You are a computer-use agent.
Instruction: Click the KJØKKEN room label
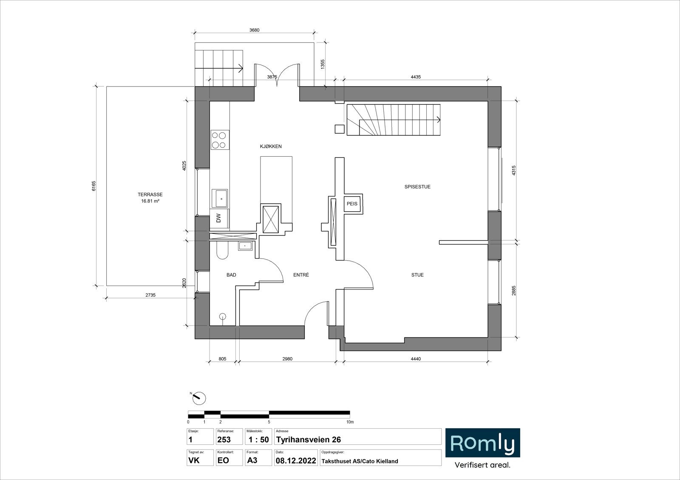271,146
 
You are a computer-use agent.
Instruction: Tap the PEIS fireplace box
352,204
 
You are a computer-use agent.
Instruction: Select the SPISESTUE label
417,187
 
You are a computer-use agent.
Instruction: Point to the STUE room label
417,275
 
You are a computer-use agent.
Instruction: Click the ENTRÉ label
301,275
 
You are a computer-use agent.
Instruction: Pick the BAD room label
231,275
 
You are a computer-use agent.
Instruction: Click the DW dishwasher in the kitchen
219,218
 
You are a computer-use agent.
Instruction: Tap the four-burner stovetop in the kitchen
220,140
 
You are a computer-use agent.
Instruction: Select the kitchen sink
219,199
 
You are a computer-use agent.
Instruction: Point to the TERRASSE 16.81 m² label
150,198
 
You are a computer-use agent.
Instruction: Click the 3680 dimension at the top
255,30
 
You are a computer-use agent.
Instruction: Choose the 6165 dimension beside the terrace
94,186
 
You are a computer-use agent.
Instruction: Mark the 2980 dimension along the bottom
287,359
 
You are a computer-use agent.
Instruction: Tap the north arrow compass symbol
199,398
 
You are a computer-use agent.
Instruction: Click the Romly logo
483,443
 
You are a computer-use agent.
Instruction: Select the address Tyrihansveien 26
309,440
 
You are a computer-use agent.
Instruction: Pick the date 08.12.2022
296,461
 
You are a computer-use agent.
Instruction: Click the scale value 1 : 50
259,440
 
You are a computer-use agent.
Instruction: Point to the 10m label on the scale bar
350,422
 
